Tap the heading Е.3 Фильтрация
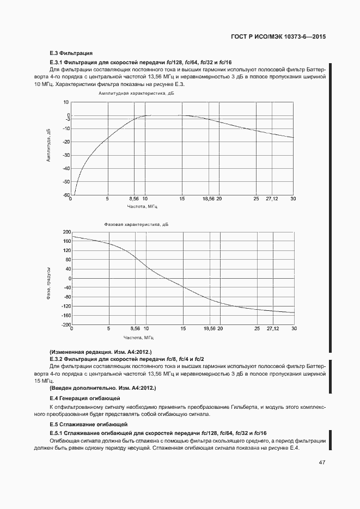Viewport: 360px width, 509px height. pyautogui.click(x=71, y=53)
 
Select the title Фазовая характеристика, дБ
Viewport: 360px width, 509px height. pyautogui.click(x=136, y=224)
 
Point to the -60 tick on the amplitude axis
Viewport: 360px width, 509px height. pyautogui.click(x=65, y=195)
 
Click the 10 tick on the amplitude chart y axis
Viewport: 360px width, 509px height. pyautogui.click(x=66, y=102)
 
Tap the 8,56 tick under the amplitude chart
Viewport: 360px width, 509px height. pyautogui.click(x=135, y=199)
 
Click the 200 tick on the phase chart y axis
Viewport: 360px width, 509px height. pyautogui.click(x=67, y=232)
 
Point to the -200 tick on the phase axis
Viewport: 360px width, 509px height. pyautogui.click(x=66, y=324)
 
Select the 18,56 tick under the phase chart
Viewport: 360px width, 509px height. pyautogui.click(x=209, y=329)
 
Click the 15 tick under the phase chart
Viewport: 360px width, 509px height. pyautogui.click(x=183, y=329)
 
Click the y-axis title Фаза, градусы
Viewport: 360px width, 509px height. pyautogui.click(x=48, y=283)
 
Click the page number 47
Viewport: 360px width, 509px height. pyautogui.click(x=322, y=462)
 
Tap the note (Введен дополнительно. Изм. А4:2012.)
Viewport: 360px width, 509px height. pyautogui.click(x=102, y=388)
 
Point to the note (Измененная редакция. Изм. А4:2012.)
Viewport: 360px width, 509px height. pyautogui.click(x=100, y=352)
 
